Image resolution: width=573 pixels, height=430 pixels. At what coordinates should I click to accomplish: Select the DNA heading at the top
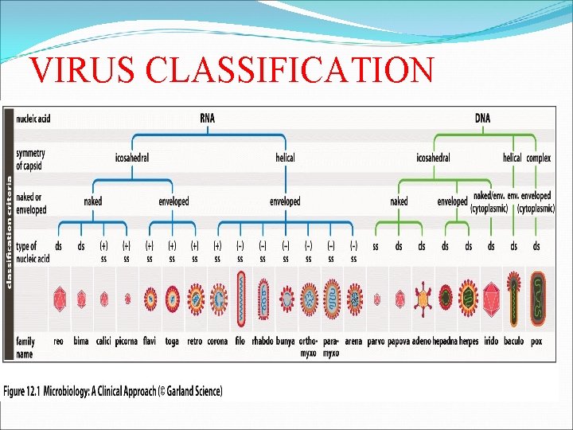click(x=483, y=119)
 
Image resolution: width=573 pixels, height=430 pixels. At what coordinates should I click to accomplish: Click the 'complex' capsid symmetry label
click(x=539, y=158)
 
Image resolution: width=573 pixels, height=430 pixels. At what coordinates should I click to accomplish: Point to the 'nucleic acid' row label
click(x=33, y=119)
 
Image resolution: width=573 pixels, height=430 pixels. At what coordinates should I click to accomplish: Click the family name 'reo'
click(x=59, y=342)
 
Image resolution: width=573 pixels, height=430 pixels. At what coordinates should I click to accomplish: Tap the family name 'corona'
click(x=217, y=342)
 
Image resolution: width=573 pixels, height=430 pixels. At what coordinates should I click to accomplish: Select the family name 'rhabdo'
click(x=262, y=342)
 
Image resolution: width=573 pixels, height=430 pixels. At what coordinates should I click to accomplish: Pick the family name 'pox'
click(x=536, y=342)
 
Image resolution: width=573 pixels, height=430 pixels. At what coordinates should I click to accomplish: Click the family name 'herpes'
click(x=469, y=342)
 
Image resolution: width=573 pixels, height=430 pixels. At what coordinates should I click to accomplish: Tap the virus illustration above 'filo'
click(x=240, y=299)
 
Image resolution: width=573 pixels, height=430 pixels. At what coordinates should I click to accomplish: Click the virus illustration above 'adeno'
click(x=423, y=299)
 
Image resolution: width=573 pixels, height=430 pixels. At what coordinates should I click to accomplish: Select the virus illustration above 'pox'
click(x=537, y=299)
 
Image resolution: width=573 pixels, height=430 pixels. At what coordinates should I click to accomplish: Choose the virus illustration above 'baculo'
click(x=514, y=299)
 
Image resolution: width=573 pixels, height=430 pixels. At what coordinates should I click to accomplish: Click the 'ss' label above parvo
click(x=376, y=247)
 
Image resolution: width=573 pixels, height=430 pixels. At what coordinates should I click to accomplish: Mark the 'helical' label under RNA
click(x=285, y=158)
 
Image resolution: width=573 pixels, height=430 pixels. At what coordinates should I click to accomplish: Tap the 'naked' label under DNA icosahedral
click(x=399, y=202)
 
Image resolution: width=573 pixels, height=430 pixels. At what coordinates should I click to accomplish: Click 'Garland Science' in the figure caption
click(x=193, y=391)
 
